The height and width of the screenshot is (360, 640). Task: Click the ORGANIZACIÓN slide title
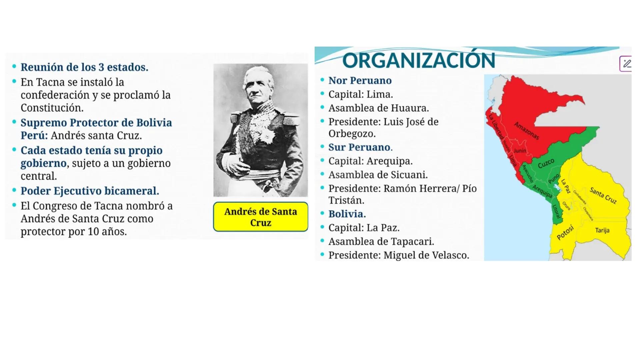click(418, 61)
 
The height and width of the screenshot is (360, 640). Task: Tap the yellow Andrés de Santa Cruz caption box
click(260, 217)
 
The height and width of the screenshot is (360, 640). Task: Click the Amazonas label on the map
click(526, 131)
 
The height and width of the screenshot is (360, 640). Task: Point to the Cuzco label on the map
click(546, 163)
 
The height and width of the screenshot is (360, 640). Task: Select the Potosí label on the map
click(565, 232)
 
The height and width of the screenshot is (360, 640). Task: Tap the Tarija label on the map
click(602, 230)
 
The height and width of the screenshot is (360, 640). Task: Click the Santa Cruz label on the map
click(603, 196)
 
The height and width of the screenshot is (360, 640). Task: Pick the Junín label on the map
click(520, 151)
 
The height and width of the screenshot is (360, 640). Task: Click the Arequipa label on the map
click(542, 191)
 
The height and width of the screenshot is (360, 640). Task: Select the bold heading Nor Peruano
click(360, 81)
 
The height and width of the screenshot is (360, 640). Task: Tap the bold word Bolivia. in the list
click(347, 214)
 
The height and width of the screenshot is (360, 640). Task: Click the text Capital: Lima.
click(360, 94)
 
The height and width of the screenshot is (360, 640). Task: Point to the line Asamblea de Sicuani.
click(378, 175)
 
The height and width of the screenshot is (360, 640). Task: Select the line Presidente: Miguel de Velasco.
click(398, 255)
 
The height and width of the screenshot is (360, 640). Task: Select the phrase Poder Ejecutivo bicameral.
click(90, 191)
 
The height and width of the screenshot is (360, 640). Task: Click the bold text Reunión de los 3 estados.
click(84, 67)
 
